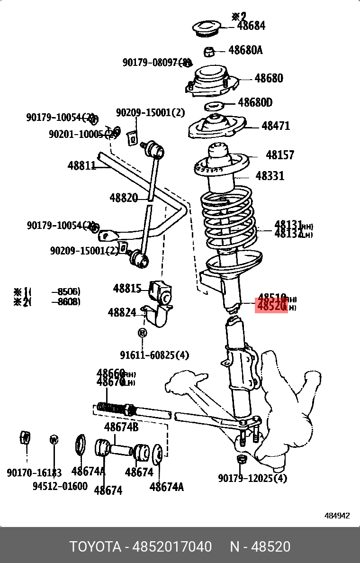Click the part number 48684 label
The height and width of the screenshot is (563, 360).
(251, 26)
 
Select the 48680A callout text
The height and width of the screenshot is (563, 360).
(245, 50)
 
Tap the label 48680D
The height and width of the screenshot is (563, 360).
(255, 102)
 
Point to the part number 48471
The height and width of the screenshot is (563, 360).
(276, 126)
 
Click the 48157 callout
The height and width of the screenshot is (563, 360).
(279, 155)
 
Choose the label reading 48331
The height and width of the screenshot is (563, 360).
(270, 176)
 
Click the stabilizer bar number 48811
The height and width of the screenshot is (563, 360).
(81, 166)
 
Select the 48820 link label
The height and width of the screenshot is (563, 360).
(124, 198)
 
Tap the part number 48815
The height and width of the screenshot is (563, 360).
(127, 288)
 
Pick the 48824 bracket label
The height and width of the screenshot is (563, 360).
(122, 312)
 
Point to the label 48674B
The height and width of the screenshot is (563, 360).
(121, 427)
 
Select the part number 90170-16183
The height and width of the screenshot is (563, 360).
(34, 472)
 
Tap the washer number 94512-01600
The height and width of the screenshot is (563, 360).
(60, 486)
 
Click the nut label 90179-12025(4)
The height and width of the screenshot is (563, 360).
(252, 478)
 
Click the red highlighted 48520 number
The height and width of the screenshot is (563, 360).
(271, 306)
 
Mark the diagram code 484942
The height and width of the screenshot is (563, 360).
(337, 516)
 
